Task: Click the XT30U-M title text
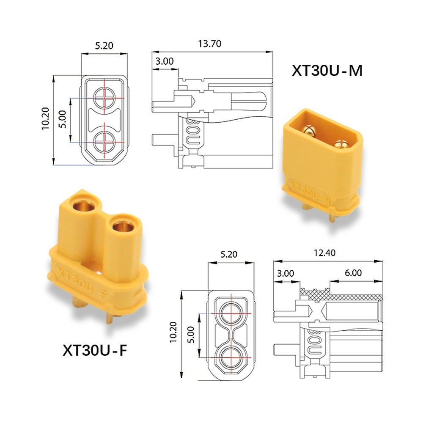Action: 327,71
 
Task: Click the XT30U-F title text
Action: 95,350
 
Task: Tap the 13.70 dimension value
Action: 210,44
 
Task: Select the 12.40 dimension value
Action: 324,253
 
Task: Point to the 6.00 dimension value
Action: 353,273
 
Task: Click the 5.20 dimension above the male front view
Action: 104,46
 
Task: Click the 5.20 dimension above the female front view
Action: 229,254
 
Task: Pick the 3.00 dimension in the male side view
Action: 164,61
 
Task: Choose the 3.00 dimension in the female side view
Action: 286,273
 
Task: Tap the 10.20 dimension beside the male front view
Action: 46,119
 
